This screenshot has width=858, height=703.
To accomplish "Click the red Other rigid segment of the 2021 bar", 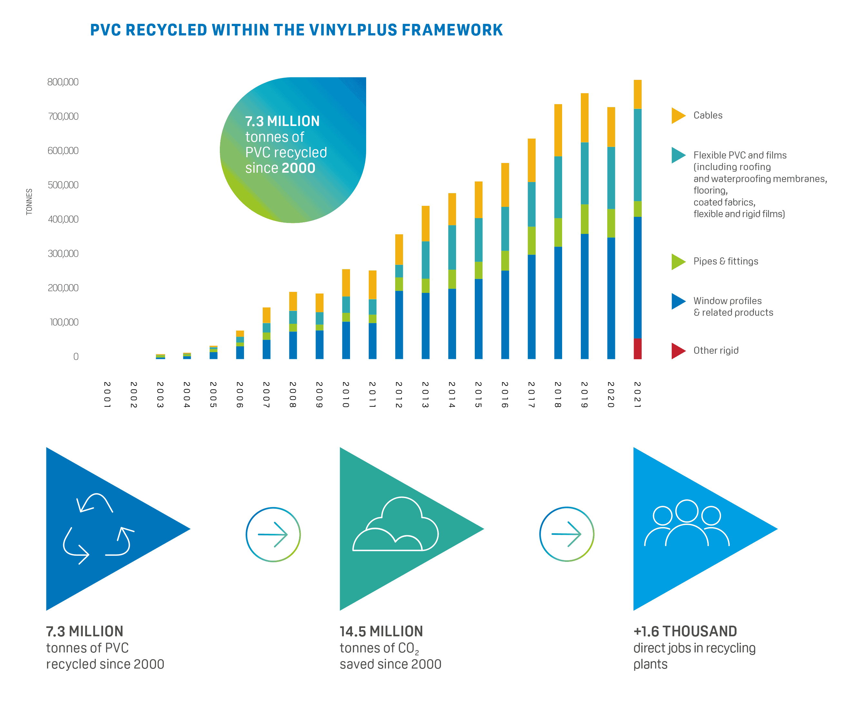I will point(637,349).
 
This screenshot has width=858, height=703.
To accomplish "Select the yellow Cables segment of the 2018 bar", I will point(558,130).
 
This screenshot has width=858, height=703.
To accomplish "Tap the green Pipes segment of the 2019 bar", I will point(584,219).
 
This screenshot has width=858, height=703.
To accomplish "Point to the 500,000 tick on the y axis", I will point(63,185).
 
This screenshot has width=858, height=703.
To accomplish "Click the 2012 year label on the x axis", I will point(399,394).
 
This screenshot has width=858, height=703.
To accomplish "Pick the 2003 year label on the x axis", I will point(160,394).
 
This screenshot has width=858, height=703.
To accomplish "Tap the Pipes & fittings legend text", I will point(725,261).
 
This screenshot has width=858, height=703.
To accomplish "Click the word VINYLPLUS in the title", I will point(353,30).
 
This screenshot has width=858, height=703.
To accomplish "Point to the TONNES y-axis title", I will point(29,201).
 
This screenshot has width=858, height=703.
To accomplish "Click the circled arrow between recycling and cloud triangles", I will point(273,534).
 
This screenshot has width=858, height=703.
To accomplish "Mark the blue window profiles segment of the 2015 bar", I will point(478,319).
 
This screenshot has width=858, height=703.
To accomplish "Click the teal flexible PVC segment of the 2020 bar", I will point(611,178).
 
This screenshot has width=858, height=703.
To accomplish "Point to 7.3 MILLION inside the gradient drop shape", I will point(282,121).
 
